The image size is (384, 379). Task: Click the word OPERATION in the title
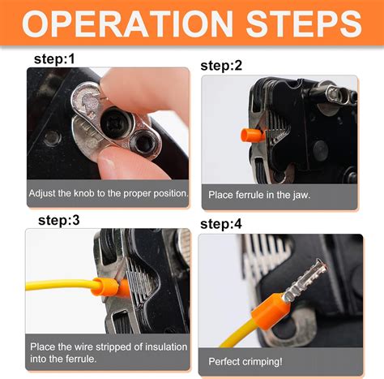click(x=129, y=25)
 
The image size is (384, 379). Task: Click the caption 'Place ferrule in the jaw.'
click(x=258, y=195)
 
